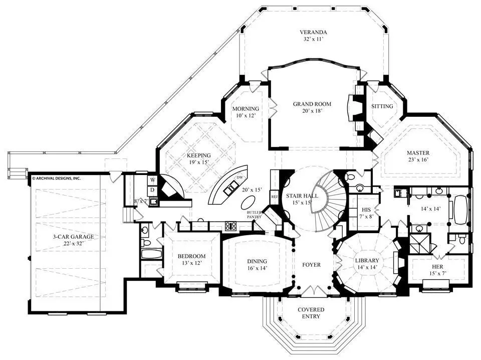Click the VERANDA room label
(x=313, y=32)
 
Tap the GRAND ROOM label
(x=312, y=104)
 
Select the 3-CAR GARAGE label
(x=73, y=237)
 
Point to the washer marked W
(x=152, y=180)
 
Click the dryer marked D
(x=152, y=191)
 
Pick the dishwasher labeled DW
(x=239, y=177)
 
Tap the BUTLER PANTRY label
(x=255, y=214)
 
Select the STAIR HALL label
(x=302, y=196)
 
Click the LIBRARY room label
(x=367, y=261)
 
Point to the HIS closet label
(x=366, y=210)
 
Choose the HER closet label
(x=437, y=267)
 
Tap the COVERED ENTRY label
(x=311, y=313)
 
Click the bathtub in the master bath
(x=459, y=211)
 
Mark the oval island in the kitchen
(x=249, y=203)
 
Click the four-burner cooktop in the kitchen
(x=230, y=226)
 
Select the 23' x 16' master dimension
(x=418, y=159)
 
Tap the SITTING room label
(x=382, y=106)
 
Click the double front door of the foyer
(x=312, y=290)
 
